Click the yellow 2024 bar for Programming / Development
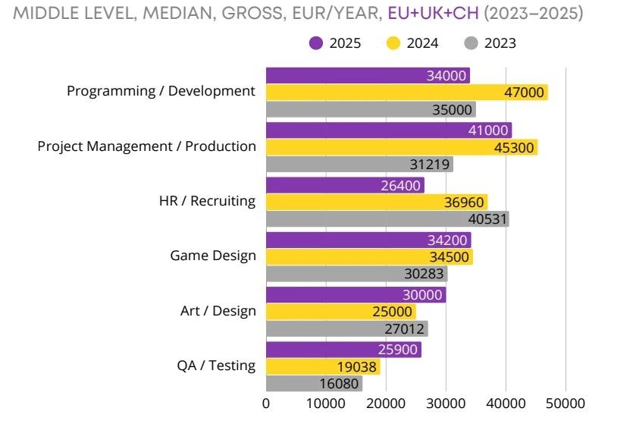point(406,93)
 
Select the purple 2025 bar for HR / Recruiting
point(345,185)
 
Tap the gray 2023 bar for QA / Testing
point(314,384)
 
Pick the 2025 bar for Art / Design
point(356,295)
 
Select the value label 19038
point(358,367)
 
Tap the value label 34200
point(449,240)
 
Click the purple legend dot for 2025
point(316,43)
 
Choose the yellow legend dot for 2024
point(393,43)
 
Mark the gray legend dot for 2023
point(471,43)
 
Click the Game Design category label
point(213,256)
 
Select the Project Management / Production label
point(147,146)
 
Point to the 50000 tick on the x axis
point(566,403)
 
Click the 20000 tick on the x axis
point(386,403)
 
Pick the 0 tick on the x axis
point(266,403)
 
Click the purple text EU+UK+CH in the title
point(433,13)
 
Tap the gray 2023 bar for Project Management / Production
point(359,164)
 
